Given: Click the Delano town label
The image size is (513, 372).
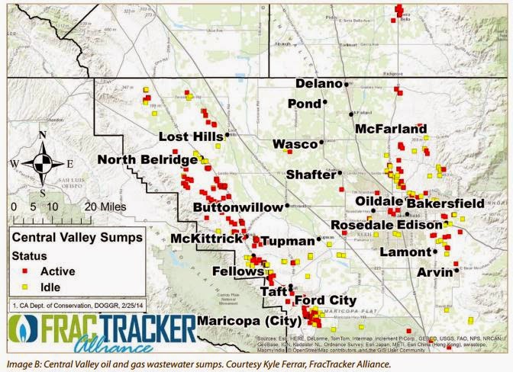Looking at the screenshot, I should click(x=318, y=83).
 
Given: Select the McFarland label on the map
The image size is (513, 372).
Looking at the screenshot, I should click(x=390, y=130).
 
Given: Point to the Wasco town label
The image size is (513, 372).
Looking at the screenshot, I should click(x=295, y=143).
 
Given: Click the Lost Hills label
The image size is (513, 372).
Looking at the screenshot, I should click(x=191, y=136).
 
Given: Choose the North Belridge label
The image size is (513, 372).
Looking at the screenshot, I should click(x=147, y=159).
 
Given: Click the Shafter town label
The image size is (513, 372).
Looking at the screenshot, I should click(x=310, y=175).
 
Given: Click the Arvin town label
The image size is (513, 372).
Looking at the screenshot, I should click(x=434, y=271).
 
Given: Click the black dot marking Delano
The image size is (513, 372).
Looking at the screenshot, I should click(x=347, y=84).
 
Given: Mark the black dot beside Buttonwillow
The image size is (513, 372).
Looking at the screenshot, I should click(x=287, y=206).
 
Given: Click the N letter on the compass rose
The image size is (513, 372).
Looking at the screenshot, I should click(x=43, y=136).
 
